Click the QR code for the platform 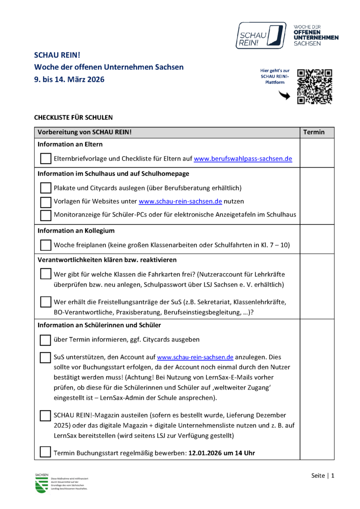coord(315,87)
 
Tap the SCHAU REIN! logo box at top coord(261,35)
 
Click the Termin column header coord(314,132)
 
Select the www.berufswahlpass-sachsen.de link coord(243,159)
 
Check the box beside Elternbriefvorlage coord(45,159)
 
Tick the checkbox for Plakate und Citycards coord(45,188)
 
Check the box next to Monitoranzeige coord(45,215)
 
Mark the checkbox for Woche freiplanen coord(45,245)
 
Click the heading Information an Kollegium coord(76,231)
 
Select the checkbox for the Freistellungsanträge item coord(45,301)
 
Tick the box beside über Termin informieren coord(45,340)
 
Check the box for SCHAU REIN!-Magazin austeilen coord(45,416)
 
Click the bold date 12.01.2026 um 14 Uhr coord(221,453)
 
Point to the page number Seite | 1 coord(323,476)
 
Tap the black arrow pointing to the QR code coord(284,96)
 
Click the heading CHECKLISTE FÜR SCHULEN coord(73,117)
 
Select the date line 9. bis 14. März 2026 coord(69,79)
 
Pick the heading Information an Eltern coord(70,144)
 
